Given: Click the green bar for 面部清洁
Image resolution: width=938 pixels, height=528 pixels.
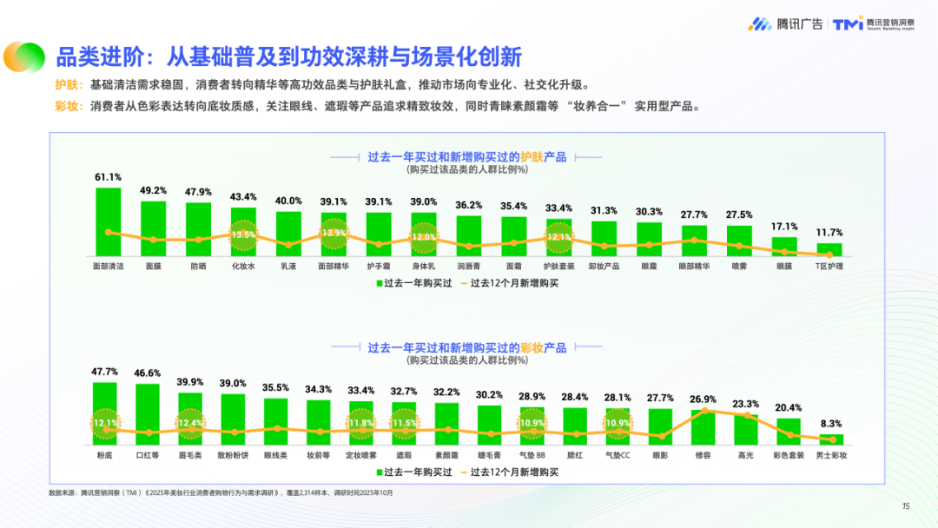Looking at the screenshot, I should [x=108, y=221].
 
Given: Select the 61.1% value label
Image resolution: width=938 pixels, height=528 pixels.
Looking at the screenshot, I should [x=108, y=177].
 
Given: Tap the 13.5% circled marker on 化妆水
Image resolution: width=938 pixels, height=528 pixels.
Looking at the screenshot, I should [x=243, y=234].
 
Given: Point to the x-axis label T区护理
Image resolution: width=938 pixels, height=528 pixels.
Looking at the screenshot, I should [x=829, y=267].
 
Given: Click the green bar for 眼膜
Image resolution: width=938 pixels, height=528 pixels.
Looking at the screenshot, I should [x=784, y=246].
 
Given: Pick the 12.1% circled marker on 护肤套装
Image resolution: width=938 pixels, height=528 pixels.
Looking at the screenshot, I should [x=558, y=236].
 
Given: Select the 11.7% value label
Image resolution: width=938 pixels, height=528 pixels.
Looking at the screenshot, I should [x=829, y=233].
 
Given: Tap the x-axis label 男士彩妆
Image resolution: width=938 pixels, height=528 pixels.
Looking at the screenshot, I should [x=832, y=454].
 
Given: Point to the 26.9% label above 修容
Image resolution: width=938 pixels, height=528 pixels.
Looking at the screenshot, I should [x=703, y=399].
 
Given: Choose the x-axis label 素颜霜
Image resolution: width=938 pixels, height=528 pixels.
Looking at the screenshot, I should [x=446, y=454].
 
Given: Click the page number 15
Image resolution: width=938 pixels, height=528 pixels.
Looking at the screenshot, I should [x=905, y=506].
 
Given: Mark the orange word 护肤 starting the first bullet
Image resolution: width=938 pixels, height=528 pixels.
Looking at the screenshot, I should [x=66, y=85].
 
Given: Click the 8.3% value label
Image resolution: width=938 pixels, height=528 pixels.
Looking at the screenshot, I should [x=832, y=424].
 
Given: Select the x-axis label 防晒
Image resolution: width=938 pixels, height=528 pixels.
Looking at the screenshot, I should [x=198, y=267].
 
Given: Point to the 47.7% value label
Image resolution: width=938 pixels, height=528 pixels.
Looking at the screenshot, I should [x=105, y=372].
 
